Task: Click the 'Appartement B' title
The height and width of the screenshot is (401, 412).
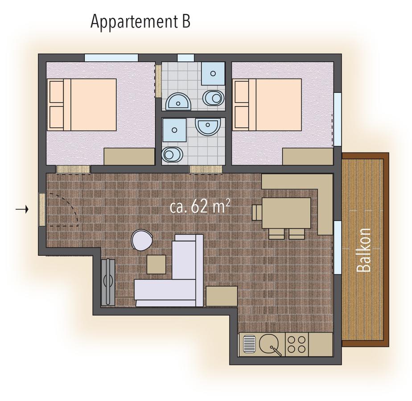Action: [140, 22]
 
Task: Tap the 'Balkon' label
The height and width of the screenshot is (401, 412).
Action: [364, 250]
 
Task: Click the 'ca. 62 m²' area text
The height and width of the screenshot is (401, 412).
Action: [200, 206]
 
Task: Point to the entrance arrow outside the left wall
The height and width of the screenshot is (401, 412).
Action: [22, 209]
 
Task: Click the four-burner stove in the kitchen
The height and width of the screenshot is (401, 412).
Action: [297, 344]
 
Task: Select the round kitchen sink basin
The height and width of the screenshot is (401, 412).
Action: [269, 344]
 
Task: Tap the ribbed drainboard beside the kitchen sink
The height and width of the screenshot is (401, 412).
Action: [248, 344]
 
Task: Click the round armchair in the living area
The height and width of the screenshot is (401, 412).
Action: [142, 240]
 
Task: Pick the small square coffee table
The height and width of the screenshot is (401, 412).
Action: [157, 265]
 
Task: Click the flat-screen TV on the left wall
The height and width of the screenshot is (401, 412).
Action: [108, 282]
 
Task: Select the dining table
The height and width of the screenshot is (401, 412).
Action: [286, 213]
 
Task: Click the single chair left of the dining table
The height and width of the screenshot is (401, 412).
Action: [257, 213]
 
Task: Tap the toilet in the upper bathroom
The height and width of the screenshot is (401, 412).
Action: [214, 98]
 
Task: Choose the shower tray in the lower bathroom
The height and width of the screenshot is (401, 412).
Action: [174, 130]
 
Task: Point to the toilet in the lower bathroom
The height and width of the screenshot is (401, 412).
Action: [172, 154]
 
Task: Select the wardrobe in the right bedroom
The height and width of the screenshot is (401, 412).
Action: [308, 157]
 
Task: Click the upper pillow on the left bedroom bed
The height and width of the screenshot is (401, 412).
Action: [57, 92]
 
